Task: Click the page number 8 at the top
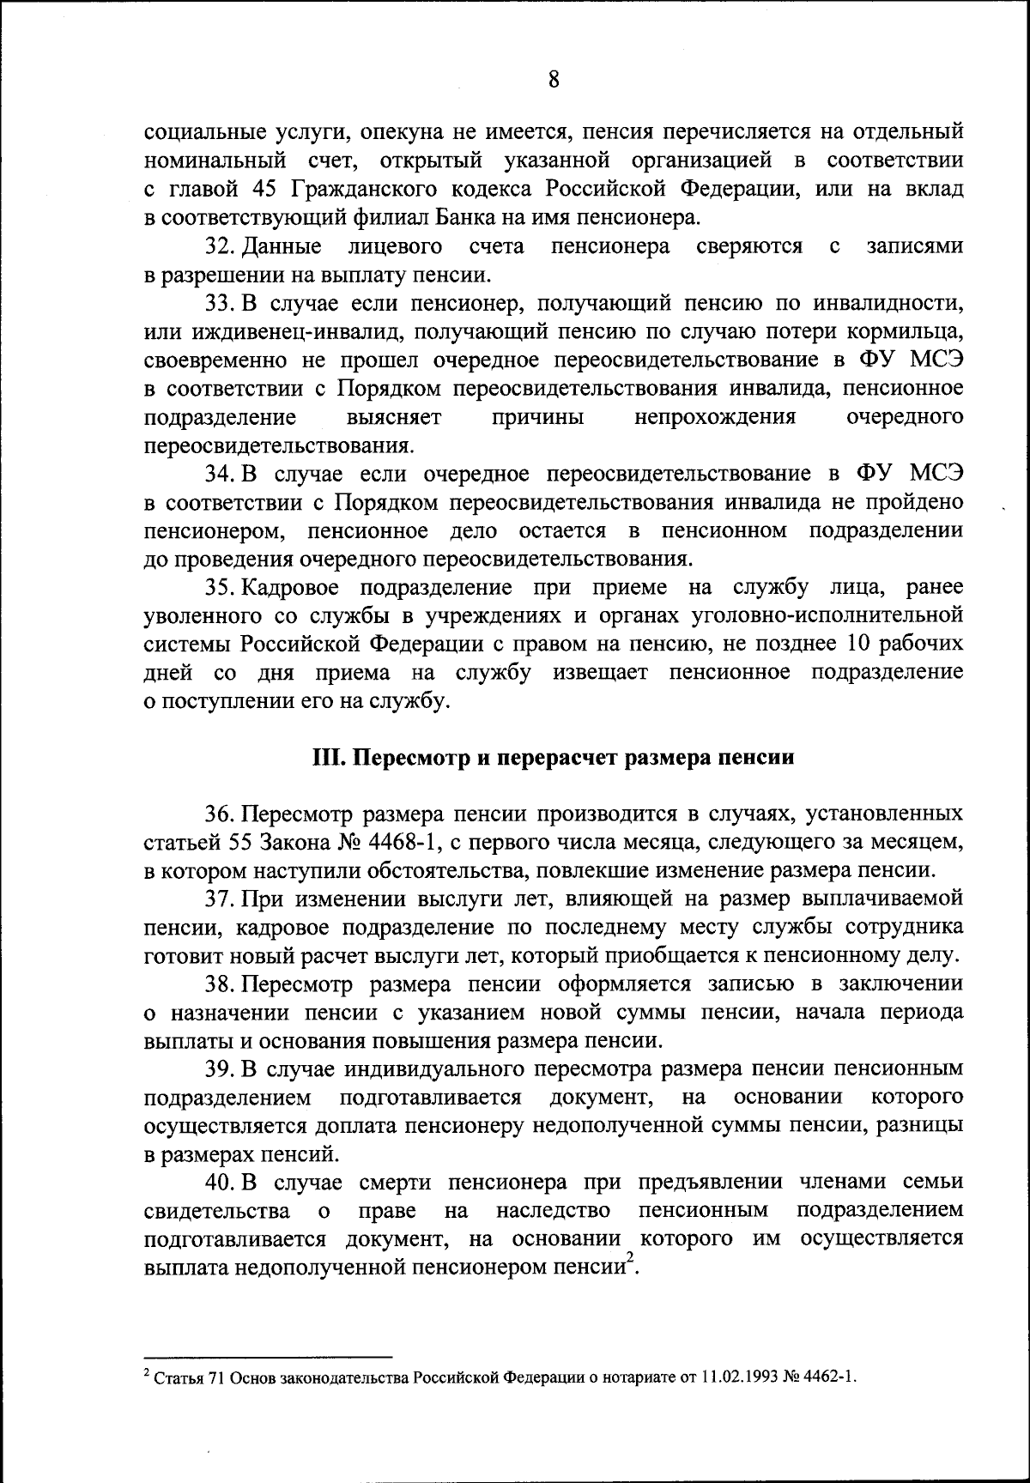click(554, 79)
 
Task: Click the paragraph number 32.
click(218, 247)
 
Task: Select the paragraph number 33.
click(218, 304)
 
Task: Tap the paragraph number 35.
click(218, 587)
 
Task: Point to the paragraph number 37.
click(218, 899)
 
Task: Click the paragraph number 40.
click(218, 1182)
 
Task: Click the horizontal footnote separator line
click(268, 1358)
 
